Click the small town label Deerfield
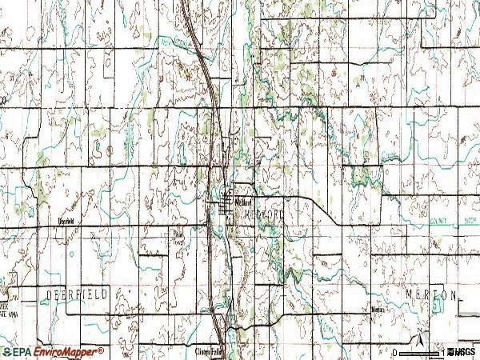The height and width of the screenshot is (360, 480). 65,220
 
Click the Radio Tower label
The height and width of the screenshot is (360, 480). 179,235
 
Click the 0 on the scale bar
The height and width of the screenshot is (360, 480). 394,353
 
